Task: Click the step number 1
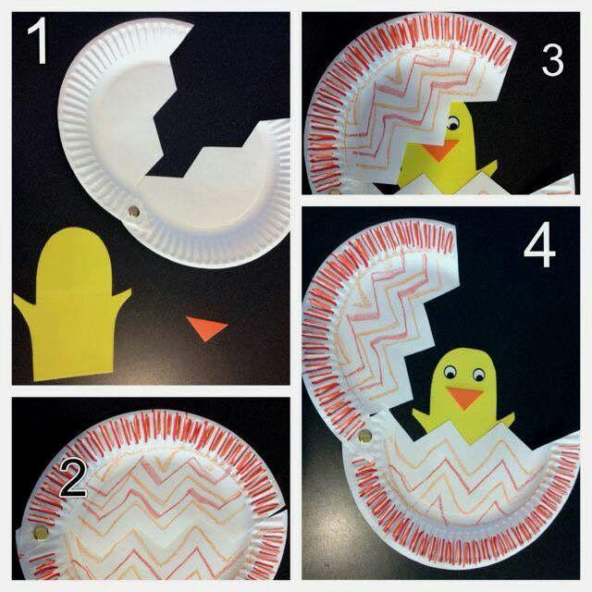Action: click(x=39, y=41)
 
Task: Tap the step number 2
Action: click(x=73, y=478)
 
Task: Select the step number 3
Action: click(x=552, y=60)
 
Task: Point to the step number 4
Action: click(x=540, y=249)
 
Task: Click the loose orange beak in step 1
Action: click(x=207, y=327)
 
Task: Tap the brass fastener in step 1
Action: click(x=133, y=212)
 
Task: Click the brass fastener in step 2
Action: click(x=41, y=533)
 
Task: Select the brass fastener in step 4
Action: click(x=364, y=436)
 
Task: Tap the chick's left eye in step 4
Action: click(x=450, y=373)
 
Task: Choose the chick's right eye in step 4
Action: click(x=478, y=375)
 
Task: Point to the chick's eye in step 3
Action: click(x=452, y=122)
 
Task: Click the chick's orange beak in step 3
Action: click(x=440, y=150)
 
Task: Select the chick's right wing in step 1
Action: click(x=121, y=297)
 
